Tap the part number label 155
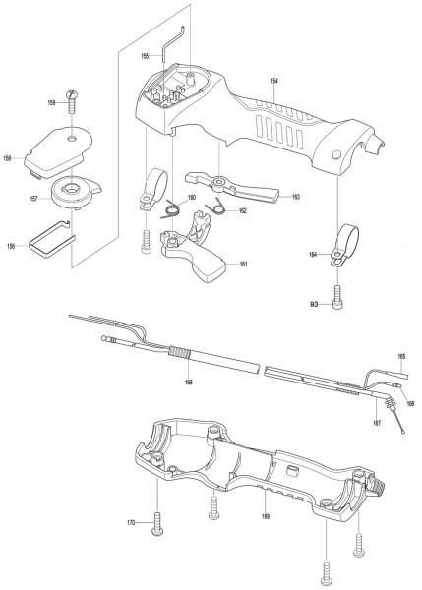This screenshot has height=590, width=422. [x=145, y=56]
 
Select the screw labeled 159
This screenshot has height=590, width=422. [x=72, y=96]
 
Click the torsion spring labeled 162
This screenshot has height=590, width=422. [x=221, y=209]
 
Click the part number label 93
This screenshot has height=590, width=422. [x=315, y=305]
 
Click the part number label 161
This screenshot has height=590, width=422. [x=242, y=264]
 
